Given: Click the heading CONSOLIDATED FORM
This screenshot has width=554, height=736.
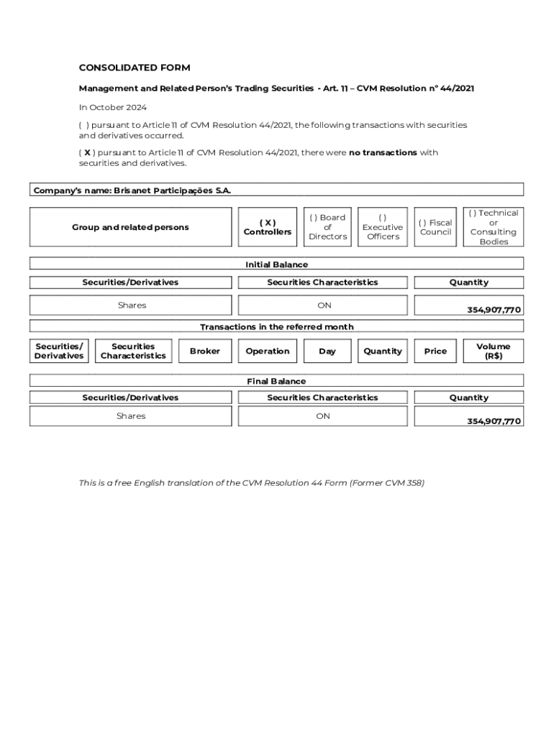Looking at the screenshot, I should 135,68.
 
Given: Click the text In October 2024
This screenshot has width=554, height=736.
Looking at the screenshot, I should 112,107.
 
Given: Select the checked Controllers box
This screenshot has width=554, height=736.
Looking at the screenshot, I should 268,227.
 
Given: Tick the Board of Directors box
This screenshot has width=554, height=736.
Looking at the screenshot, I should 327,227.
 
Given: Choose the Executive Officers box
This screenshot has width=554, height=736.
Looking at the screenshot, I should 383,227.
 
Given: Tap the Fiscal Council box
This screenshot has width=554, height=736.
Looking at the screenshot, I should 435,227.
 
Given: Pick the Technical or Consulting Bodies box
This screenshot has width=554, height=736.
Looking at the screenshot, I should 494,227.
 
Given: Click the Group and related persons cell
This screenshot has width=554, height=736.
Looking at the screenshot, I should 130,227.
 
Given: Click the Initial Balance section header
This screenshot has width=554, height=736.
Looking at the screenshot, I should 276,264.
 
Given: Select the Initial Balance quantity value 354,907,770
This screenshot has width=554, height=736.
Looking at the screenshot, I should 494,310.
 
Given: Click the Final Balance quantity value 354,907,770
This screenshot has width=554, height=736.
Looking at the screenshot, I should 494,421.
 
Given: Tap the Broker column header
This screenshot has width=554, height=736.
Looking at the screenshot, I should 205,351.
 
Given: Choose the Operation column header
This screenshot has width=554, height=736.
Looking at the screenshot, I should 268,351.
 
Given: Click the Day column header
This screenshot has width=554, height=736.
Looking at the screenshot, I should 327,351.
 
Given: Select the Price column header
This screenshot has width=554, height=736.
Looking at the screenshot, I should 435,351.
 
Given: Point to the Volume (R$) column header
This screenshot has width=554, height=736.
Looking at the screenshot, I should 494,351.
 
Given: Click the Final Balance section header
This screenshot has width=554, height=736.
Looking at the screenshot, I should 276,381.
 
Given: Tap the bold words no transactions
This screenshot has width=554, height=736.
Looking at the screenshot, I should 383,152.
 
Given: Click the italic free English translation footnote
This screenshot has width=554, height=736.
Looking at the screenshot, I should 251,483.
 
